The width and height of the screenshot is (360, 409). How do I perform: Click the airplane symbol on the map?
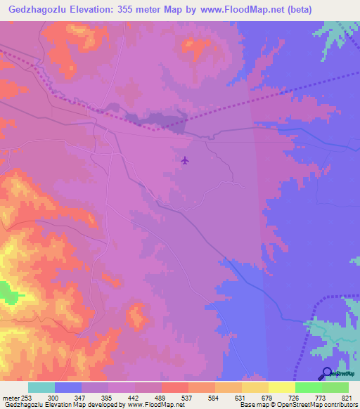tap(185, 160)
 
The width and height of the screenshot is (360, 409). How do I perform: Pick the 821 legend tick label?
tap(340, 398)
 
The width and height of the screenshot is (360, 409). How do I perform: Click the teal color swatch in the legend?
tap(41, 387)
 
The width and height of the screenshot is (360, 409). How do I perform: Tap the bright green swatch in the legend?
tap(309, 387)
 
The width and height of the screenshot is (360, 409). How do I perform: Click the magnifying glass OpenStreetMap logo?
tap(328, 373)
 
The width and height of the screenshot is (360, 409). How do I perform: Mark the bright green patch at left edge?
tap(7, 291)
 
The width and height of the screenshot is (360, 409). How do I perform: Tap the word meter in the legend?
tap(10, 398)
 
